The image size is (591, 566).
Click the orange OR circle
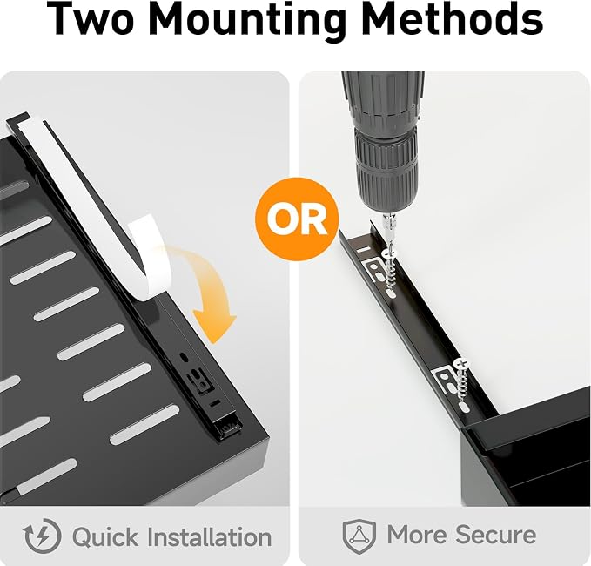pyautogui.click(x=297, y=219)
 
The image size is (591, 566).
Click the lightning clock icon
pyautogui.click(x=42, y=536)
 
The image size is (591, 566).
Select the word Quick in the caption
pyautogui.click(x=105, y=537)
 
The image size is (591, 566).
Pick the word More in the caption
pyautogui.click(x=416, y=535)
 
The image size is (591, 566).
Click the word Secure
pyautogui.click(x=495, y=535)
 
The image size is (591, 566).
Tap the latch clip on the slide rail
pyautogui.click(x=198, y=380)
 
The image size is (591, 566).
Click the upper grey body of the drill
pyautogui.click(x=382, y=98)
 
